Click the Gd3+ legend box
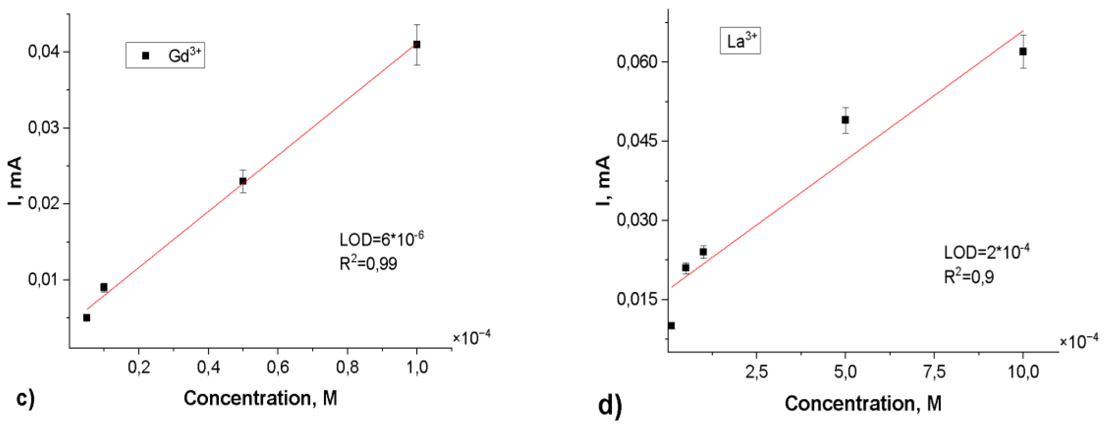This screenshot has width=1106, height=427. (165, 55)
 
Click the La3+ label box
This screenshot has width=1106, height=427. (740, 41)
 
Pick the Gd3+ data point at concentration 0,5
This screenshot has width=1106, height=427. (243, 181)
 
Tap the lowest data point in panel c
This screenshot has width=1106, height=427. (87, 317)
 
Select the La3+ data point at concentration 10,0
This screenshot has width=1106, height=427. (1023, 52)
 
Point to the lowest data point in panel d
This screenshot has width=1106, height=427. (671, 326)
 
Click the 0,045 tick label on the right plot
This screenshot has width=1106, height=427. (637, 141)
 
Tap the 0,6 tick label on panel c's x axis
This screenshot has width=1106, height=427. (277, 367)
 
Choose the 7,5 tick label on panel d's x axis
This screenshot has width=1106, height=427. (934, 372)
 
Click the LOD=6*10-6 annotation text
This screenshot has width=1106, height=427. (381, 239)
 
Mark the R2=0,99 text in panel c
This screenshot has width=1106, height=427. (368, 264)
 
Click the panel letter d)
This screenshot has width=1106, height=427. (610, 405)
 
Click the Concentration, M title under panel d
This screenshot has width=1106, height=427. (863, 403)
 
